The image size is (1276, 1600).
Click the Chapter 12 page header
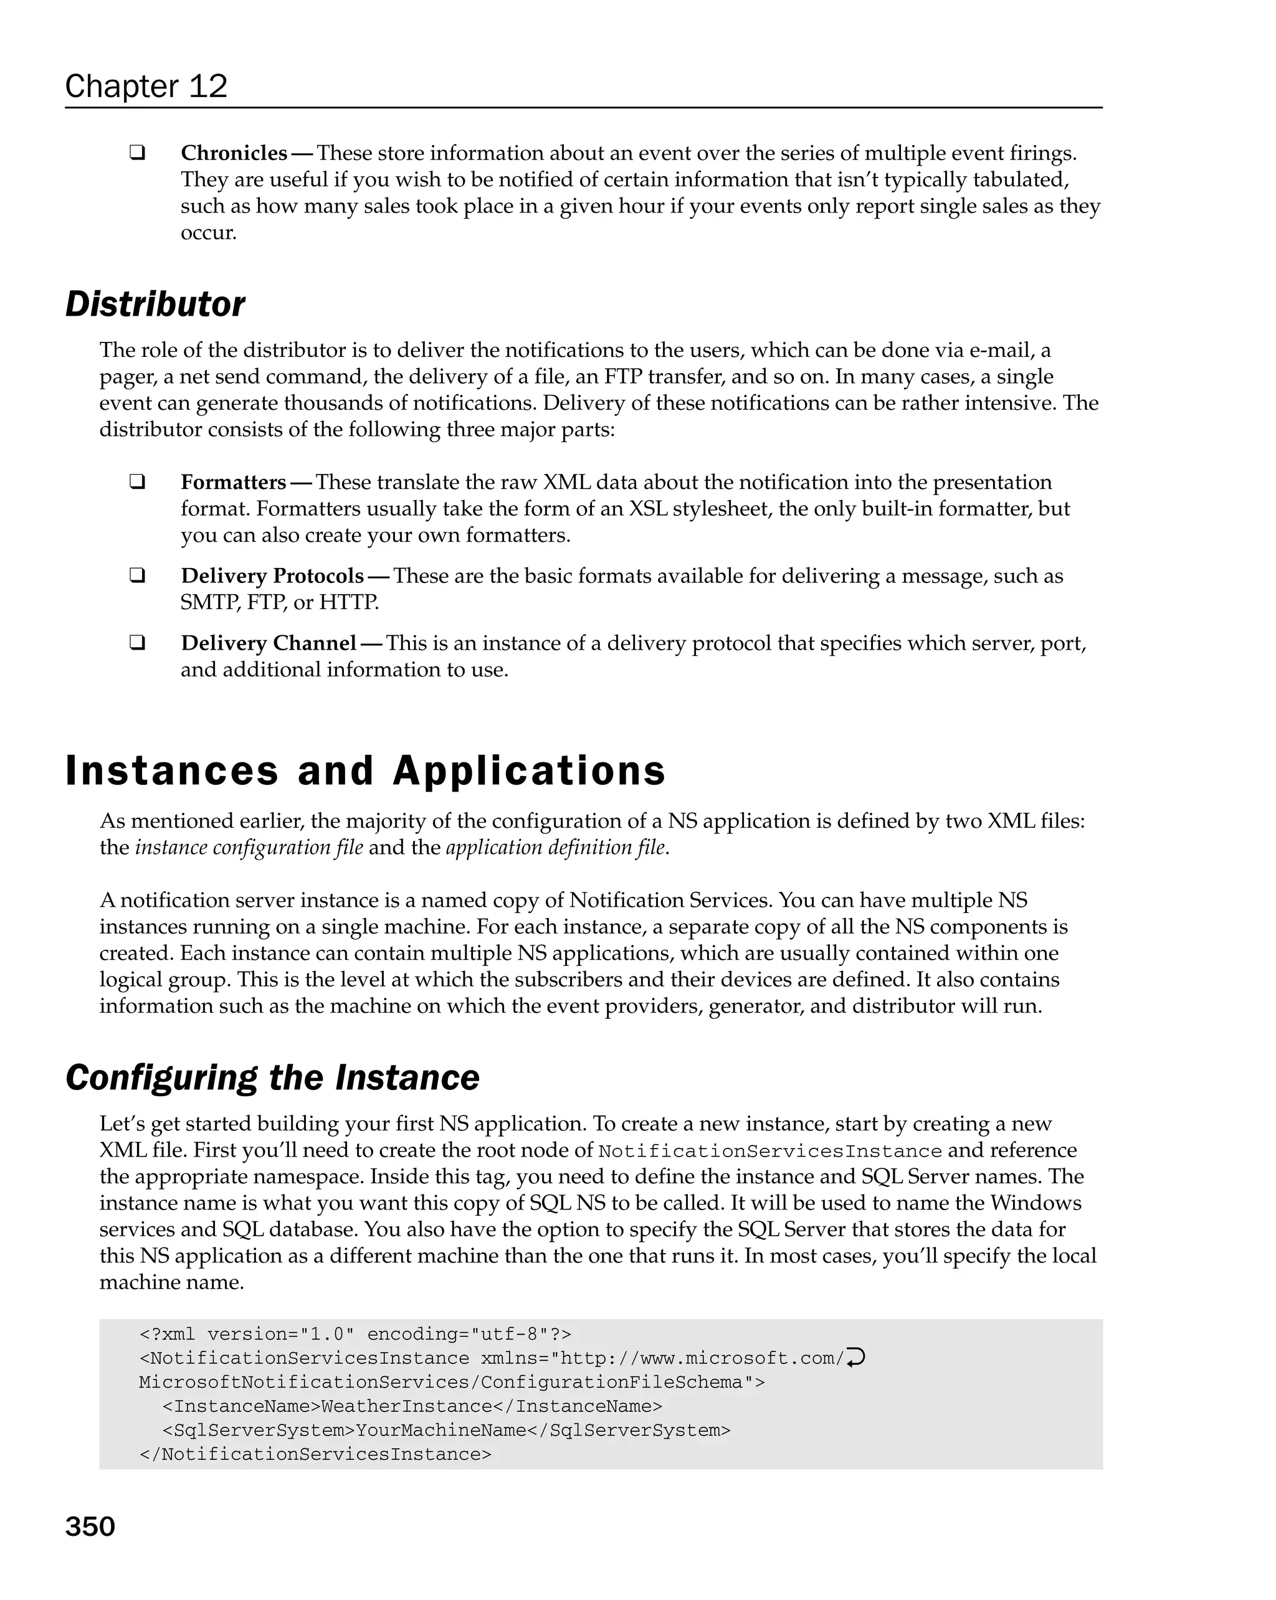146,86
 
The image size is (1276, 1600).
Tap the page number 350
90,1526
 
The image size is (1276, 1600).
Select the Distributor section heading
155,305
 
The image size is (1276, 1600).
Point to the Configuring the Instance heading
272,1077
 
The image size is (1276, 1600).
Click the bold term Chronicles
234,153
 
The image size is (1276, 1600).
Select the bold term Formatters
233,483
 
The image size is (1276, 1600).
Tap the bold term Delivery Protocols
272,576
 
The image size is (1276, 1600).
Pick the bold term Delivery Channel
269,643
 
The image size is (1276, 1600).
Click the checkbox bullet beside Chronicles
136,153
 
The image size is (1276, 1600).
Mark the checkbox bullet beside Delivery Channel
136,643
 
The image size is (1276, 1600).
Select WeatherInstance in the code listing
407,1406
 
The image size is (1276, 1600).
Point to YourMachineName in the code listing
441,1430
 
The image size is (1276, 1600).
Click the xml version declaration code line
355,1334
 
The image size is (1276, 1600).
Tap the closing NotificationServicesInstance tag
315,1454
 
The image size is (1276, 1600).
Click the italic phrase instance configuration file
249,848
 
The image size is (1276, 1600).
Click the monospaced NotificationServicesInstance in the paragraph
769,1151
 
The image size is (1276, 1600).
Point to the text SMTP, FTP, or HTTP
280,602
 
